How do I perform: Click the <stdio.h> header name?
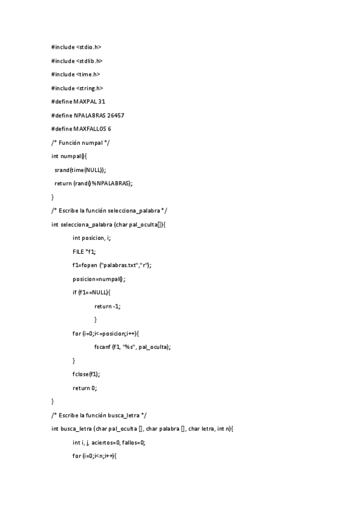[89, 47]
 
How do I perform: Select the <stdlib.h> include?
[90, 61]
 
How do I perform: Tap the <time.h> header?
[88, 75]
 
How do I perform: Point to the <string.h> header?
[90, 88]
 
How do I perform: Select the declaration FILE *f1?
[84, 251]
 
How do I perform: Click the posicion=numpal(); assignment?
[99, 279]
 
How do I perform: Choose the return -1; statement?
[107, 306]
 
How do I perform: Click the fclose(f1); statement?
[87, 374]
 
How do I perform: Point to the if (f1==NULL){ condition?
[91, 292]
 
